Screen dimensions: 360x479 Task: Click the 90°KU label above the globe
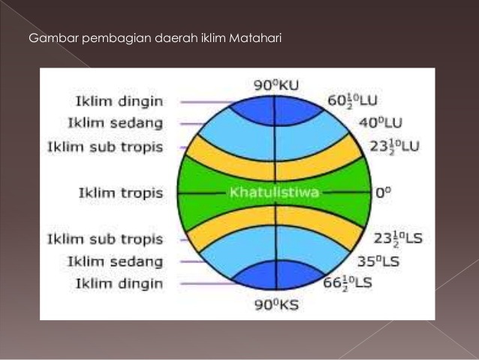click(x=276, y=85)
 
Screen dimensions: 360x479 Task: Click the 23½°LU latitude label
click(x=396, y=146)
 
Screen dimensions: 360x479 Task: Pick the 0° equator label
click(x=384, y=192)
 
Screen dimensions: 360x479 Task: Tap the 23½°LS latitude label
click(x=399, y=238)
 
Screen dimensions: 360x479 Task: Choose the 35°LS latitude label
click(x=378, y=262)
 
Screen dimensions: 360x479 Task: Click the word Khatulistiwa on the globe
click(x=275, y=192)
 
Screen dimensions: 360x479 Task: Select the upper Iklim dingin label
click(x=119, y=101)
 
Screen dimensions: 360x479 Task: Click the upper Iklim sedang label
click(x=115, y=123)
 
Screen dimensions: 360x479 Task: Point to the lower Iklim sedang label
click(x=115, y=262)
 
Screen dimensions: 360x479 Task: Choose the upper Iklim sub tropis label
click(x=105, y=147)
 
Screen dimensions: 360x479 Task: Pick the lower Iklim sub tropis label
click(x=105, y=239)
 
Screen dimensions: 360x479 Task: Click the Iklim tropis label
click(x=120, y=193)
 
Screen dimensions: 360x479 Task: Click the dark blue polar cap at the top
click(x=276, y=109)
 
